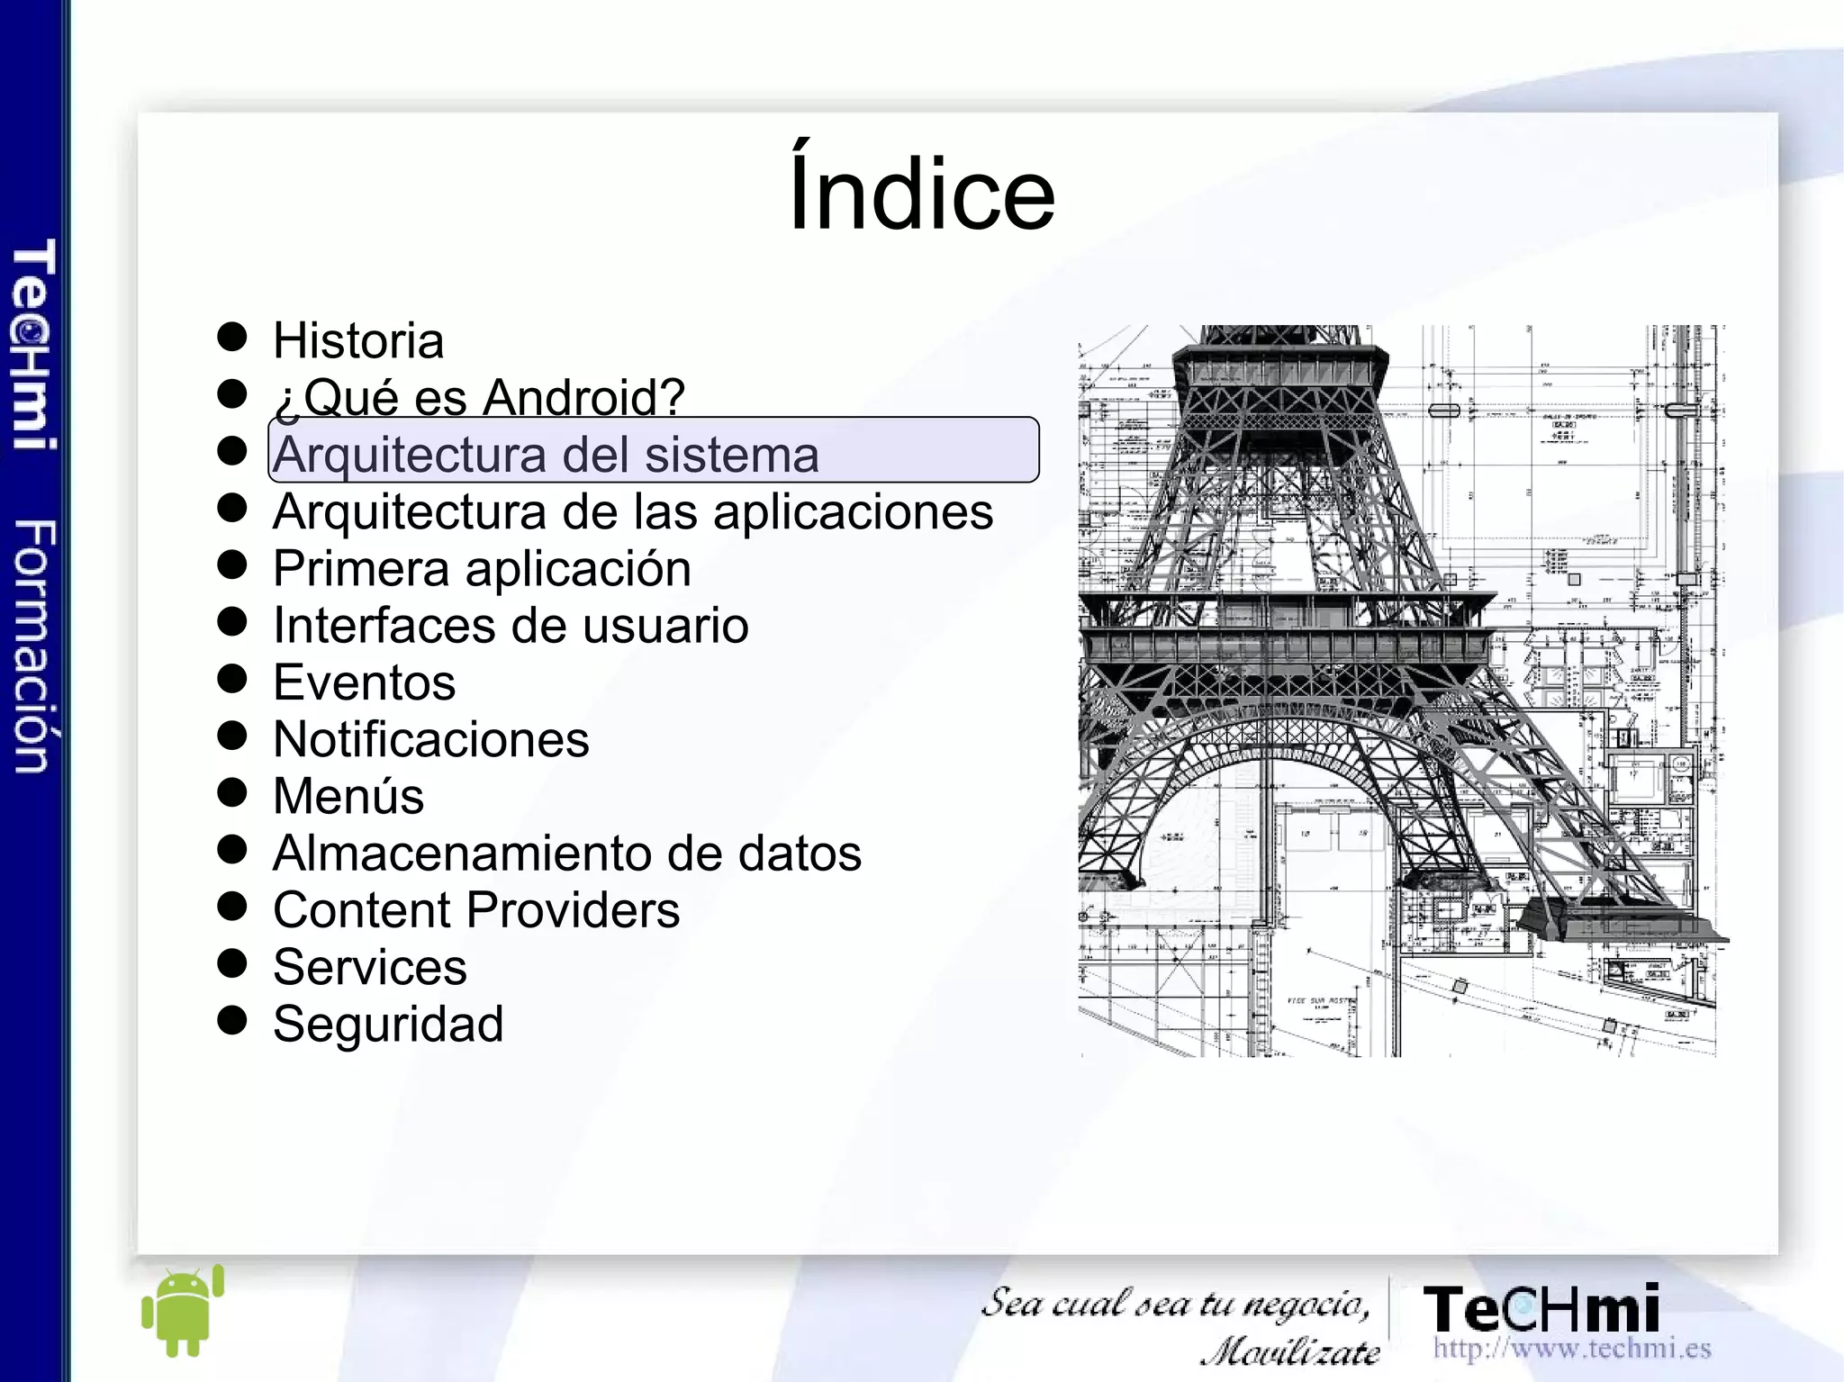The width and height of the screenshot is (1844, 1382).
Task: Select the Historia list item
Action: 358,341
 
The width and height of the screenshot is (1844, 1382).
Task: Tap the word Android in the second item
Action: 583,397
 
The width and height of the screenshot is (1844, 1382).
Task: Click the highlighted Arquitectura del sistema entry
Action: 546,454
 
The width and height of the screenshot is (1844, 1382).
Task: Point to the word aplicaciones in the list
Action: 853,512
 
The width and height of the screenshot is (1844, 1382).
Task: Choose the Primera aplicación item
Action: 482,569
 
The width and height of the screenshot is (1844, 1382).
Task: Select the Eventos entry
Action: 364,682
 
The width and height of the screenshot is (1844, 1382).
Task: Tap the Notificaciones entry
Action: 430,740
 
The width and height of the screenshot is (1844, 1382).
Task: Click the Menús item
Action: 348,797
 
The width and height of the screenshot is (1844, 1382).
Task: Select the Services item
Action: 369,967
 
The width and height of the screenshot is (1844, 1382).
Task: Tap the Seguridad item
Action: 388,1025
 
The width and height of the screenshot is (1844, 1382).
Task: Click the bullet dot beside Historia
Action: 232,337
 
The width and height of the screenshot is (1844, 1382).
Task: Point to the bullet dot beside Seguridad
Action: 232,1020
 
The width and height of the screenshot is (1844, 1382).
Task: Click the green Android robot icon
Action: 183,1311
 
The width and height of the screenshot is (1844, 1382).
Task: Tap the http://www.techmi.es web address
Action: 1571,1348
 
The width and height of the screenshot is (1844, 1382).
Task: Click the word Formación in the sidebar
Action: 34,646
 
